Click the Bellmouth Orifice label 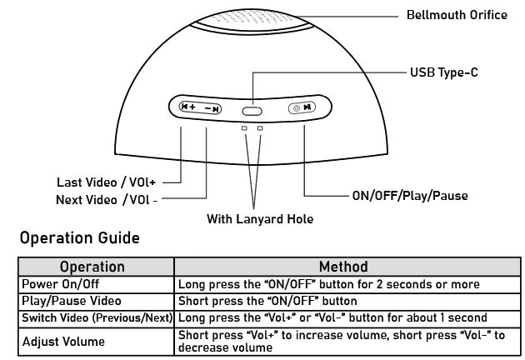click(x=457, y=16)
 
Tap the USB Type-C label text click(x=443, y=73)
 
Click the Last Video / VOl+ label click(x=107, y=181)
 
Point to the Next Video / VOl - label click(x=107, y=200)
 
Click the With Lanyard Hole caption click(x=254, y=220)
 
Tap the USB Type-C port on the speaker click(x=252, y=109)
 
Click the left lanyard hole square click(x=244, y=128)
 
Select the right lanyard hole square click(x=260, y=128)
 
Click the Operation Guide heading click(x=79, y=239)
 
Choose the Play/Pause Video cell click(x=72, y=301)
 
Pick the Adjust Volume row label click(x=64, y=341)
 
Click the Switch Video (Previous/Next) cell click(x=97, y=317)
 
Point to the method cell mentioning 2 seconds click(x=340, y=284)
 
